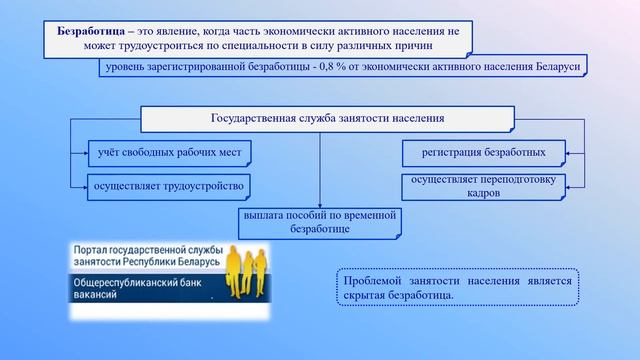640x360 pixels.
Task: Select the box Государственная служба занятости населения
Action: [320, 119]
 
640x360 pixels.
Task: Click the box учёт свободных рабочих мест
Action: [168, 153]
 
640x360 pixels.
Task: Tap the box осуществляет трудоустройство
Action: [168, 185]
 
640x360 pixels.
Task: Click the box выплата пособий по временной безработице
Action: [320, 222]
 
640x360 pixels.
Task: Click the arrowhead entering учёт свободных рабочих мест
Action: [83, 153]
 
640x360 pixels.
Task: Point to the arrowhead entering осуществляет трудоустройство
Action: [83, 185]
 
